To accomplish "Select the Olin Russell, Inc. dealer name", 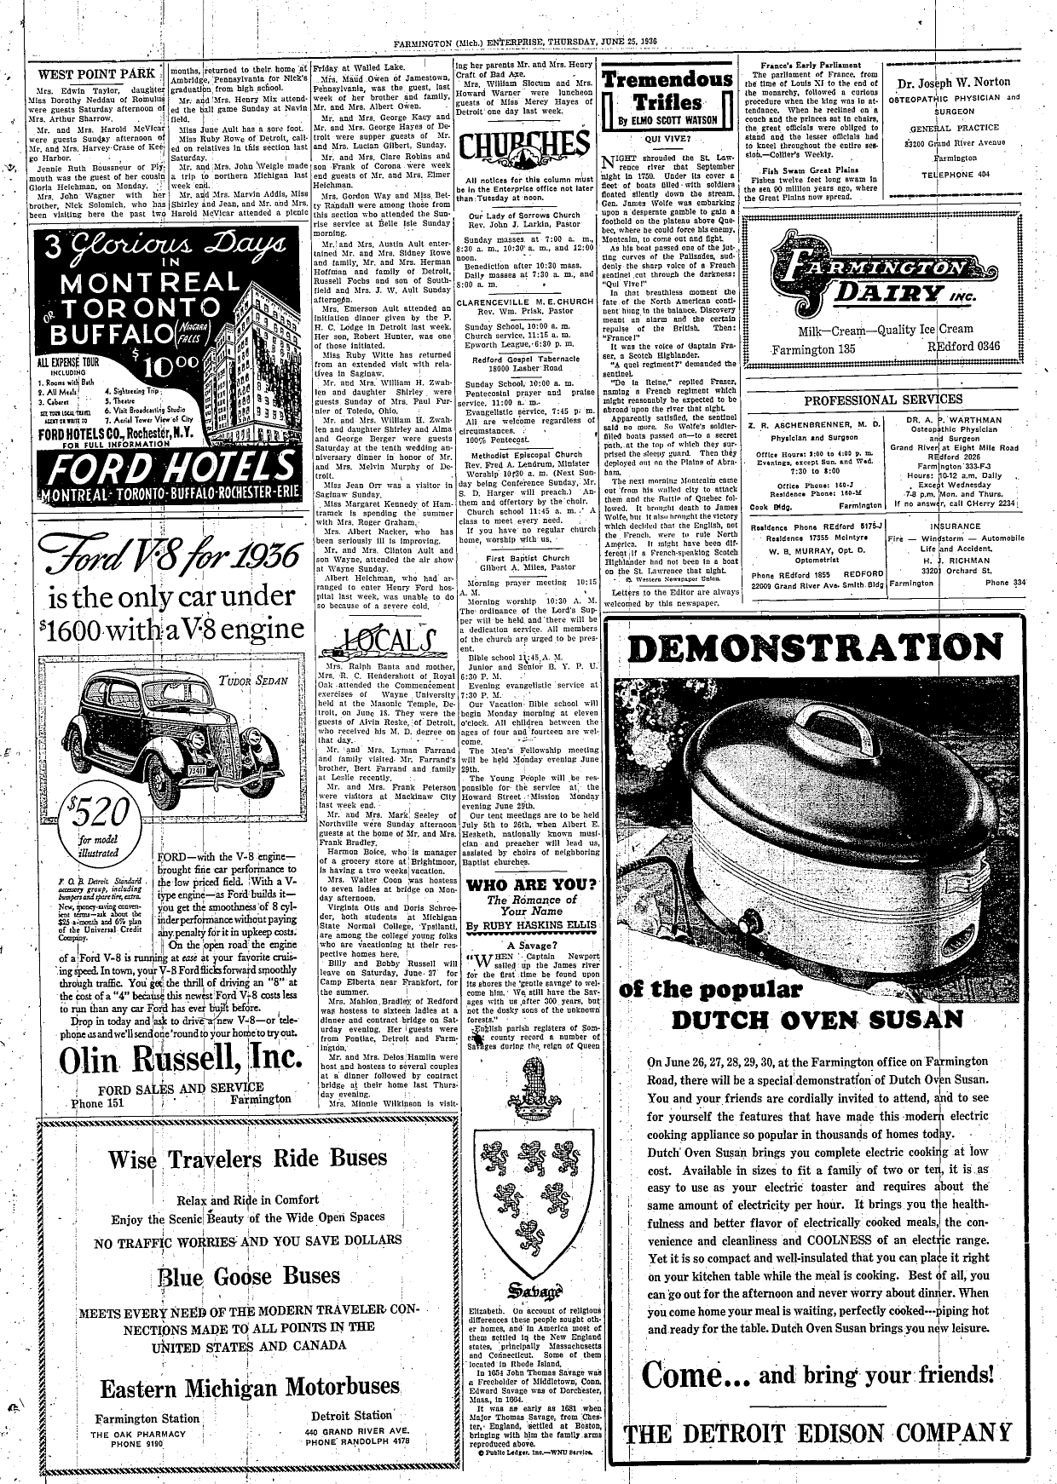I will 182,1059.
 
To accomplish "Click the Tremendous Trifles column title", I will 667,92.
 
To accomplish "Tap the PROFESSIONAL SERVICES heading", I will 883,399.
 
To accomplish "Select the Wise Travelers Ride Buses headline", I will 248,1159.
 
